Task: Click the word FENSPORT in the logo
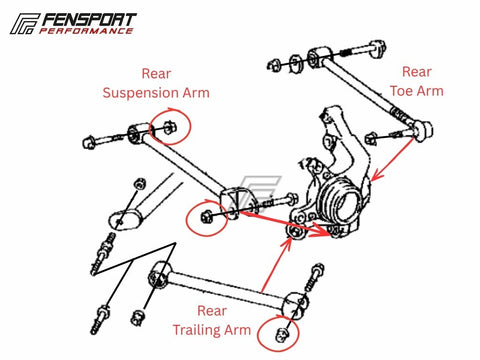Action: (89, 20)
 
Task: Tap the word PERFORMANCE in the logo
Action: (86, 31)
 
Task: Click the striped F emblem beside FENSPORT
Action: (25, 24)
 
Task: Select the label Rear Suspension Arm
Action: (156, 83)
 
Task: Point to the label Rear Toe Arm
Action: (417, 81)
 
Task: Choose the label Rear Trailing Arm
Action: (212, 320)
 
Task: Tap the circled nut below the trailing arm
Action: (282, 334)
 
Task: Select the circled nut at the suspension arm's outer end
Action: (205, 217)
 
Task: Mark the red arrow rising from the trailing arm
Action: (277, 265)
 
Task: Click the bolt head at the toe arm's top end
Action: (378, 47)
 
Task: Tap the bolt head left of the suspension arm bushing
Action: (88, 142)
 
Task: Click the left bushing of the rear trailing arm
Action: (159, 274)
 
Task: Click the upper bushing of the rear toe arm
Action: (318, 58)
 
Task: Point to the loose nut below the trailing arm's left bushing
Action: (138, 318)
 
